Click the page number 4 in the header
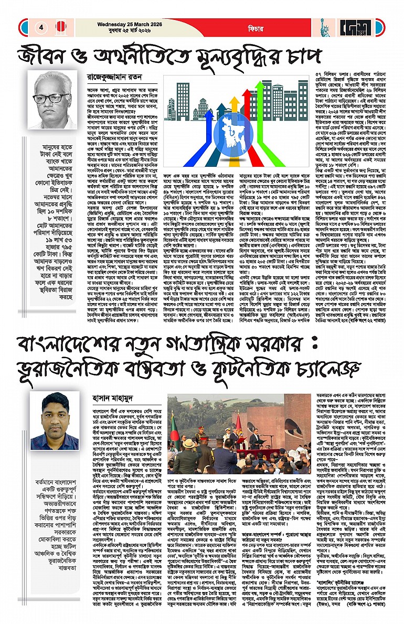(40, 27)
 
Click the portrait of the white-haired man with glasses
(54, 101)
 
